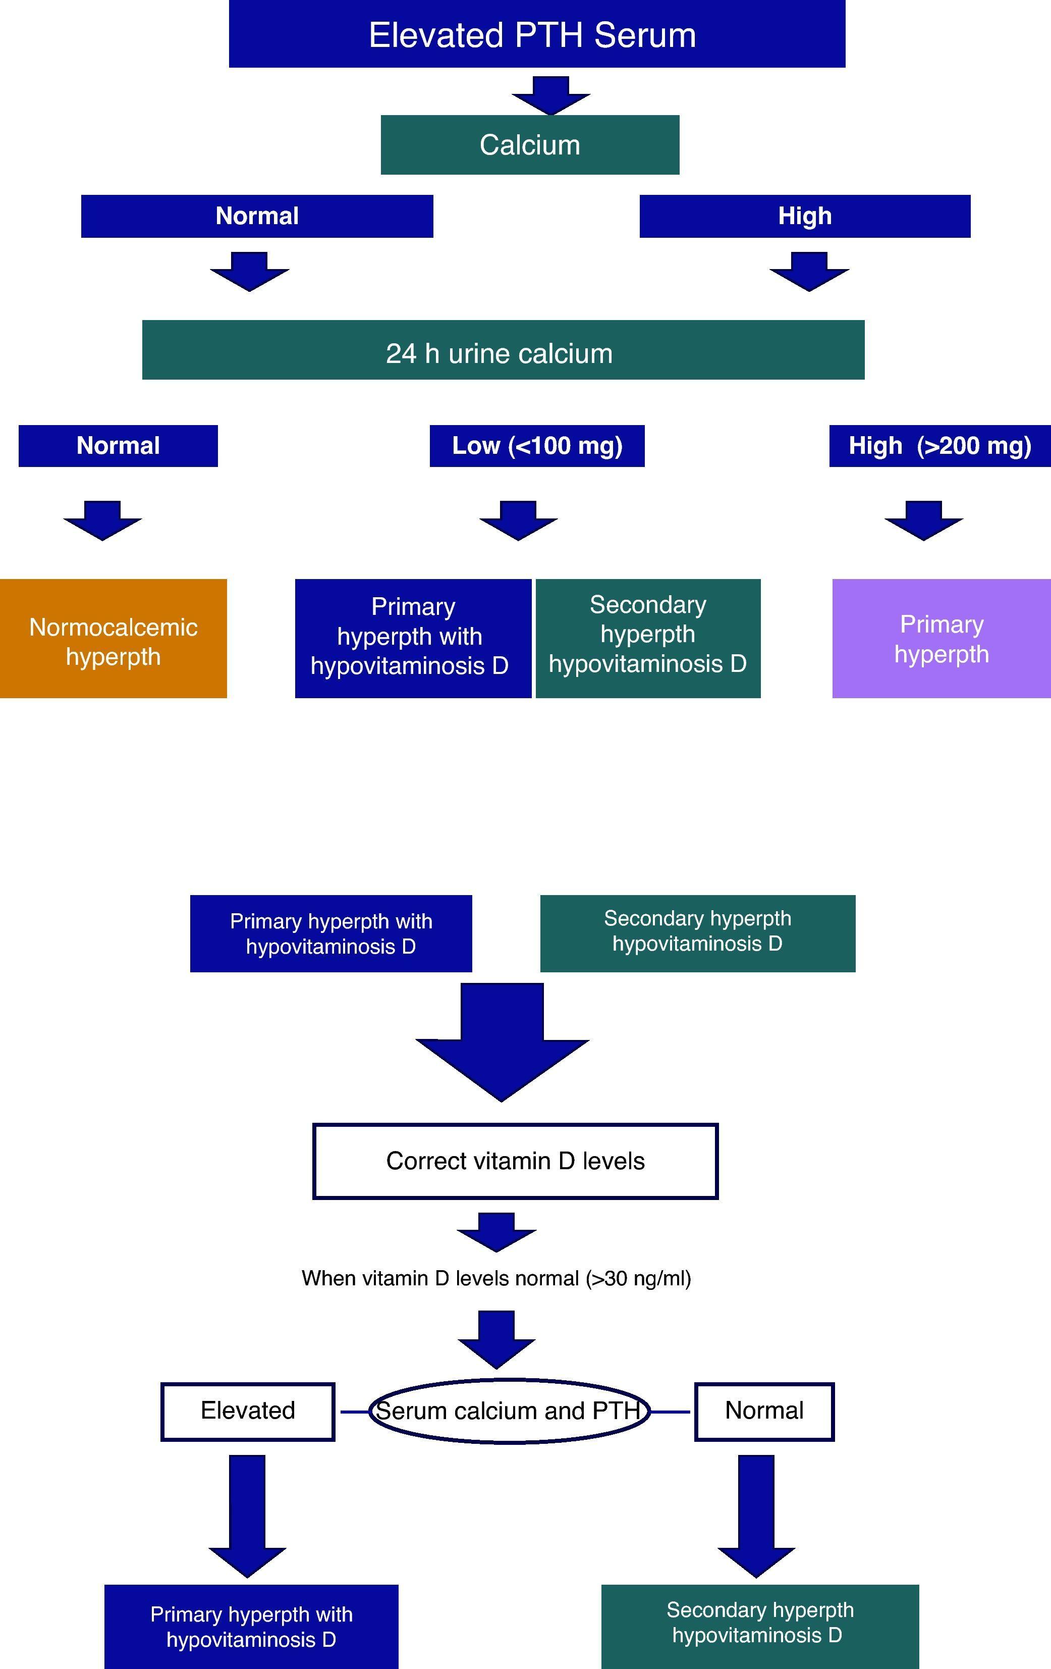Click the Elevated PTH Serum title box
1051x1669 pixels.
point(537,34)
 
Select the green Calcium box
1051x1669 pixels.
point(530,145)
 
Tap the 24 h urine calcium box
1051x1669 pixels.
point(503,350)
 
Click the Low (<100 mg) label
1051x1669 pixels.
point(537,446)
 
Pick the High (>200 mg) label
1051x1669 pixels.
point(939,446)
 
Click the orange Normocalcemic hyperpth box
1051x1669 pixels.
point(113,638)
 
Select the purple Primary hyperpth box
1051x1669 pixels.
point(941,638)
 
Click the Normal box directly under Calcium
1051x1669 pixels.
point(257,216)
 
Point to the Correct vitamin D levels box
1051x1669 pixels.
point(516,1161)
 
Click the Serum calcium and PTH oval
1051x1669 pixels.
point(509,1411)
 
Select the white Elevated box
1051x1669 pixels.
point(248,1411)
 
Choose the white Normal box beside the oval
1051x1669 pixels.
point(764,1411)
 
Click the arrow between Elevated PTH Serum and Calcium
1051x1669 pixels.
point(551,95)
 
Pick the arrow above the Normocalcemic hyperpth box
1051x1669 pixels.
point(102,520)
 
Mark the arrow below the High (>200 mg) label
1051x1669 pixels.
point(923,520)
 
